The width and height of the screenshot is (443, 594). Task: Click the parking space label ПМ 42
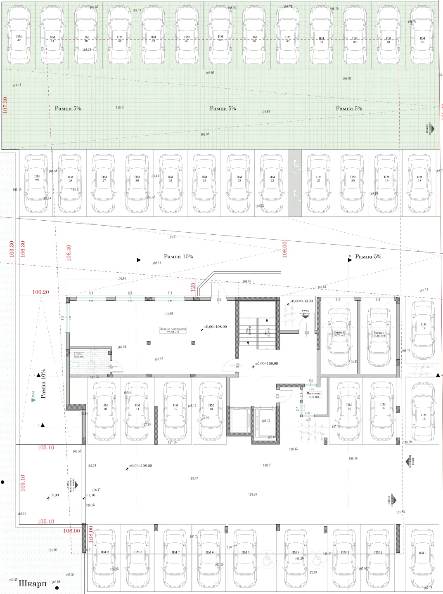19,38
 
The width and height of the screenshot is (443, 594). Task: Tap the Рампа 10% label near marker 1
178,257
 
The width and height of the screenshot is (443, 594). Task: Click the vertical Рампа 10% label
43,384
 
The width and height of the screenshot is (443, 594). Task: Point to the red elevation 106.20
40,292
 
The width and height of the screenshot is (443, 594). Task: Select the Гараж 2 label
339,333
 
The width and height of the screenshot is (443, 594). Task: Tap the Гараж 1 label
379,334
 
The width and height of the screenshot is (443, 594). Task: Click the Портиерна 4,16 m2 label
314,395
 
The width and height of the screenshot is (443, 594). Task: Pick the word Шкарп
33,584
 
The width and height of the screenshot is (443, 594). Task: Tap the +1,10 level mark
91,495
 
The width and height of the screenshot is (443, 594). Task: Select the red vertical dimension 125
193,287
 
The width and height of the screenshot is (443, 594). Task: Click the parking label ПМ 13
211,407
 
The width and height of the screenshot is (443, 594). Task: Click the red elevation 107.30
5,105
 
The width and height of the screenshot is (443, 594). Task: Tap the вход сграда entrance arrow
305,315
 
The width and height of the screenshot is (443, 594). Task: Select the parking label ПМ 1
422,553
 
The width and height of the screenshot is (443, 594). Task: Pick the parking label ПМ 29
37,178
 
